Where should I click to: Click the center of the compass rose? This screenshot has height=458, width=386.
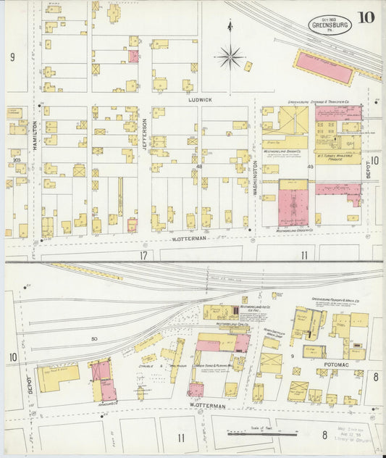point(230,54)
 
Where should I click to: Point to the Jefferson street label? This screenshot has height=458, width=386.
point(143,134)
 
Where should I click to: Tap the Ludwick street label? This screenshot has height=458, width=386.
point(199,99)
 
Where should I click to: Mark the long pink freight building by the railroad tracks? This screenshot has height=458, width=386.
point(325,69)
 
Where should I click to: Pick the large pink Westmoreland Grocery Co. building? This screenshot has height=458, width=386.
point(293,207)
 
